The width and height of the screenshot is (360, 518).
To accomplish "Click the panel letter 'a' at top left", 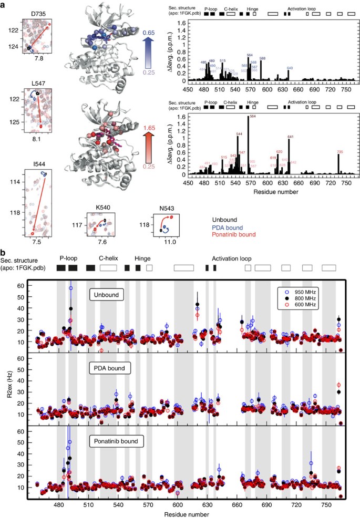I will point(5,5).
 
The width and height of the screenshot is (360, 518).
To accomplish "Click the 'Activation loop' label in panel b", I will point(232,258).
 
